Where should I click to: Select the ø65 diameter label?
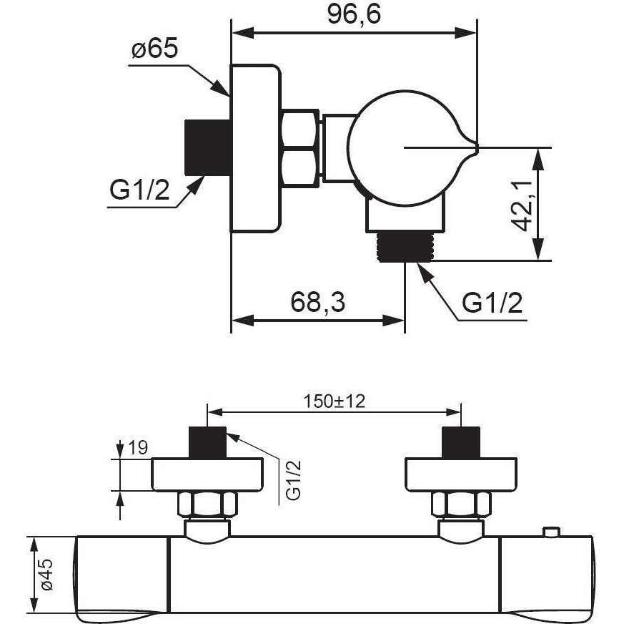[x=154, y=50]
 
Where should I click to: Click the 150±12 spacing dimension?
[x=333, y=401]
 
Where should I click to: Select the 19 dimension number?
[x=138, y=448]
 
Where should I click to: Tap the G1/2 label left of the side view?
[x=139, y=190]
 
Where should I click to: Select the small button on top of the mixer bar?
[x=550, y=532]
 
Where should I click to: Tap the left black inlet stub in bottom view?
[x=207, y=442]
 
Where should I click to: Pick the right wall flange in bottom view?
[x=460, y=474]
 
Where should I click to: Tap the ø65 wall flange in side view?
[x=255, y=147]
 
